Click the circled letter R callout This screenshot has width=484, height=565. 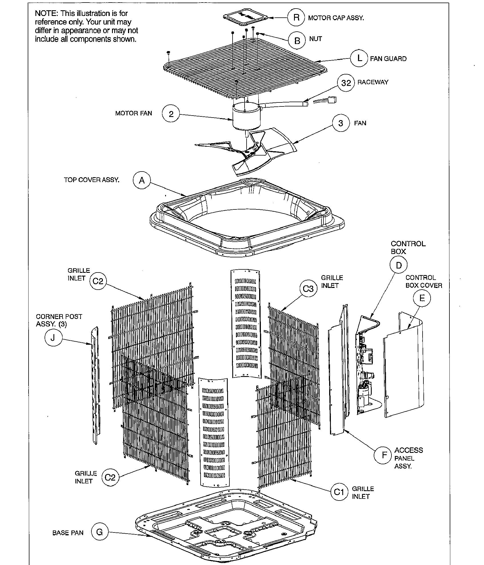[x=296, y=18]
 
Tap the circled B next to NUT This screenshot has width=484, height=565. [x=297, y=41]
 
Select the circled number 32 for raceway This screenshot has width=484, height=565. [x=346, y=83]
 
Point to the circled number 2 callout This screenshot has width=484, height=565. [x=171, y=114]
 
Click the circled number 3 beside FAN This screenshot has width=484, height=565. [x=341, y=123]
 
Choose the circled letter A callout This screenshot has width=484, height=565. [x=142, y=180]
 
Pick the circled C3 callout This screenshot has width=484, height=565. [x=308, y=289]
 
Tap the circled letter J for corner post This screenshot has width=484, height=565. [x=53, y=338]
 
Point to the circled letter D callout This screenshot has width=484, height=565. [x=399, y=265]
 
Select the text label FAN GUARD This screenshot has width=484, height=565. [x=388, y=59]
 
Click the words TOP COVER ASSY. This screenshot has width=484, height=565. [x=91, y=180]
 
